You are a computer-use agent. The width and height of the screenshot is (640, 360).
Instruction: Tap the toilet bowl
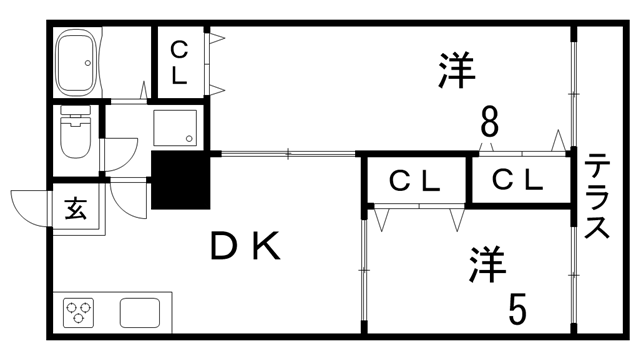pos(77,137)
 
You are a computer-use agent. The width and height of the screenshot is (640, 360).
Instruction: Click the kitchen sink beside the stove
pos(138,313)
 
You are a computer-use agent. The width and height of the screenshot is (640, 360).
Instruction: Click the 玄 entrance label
pos(75,209)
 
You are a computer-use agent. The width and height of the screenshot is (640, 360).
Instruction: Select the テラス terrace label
pos(598,196)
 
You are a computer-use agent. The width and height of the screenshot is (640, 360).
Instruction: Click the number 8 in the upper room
pos(489,125)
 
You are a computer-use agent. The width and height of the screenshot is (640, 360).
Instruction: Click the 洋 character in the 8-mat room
pos(455,69)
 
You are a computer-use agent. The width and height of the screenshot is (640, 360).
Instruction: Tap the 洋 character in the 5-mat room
pos(487,265)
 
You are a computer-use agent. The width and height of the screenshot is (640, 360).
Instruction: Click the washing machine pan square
pos(176,129)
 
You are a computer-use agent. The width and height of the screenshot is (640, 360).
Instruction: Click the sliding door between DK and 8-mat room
pos(288,153)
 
